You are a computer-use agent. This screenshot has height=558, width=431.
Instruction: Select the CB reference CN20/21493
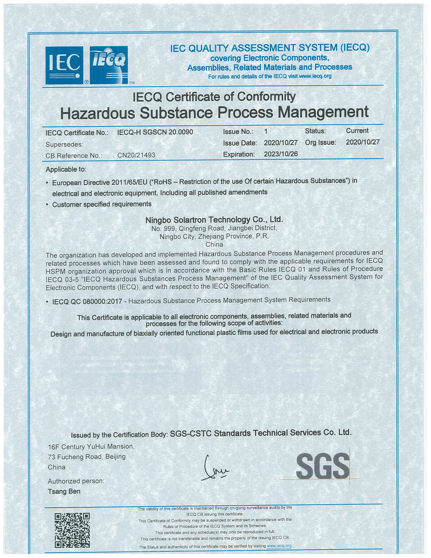point(136,155)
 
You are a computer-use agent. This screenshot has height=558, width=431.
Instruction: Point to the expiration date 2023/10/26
point(281,154)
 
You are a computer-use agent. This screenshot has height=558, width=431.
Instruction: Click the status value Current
point(357,131)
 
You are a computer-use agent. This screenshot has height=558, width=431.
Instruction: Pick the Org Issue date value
point(363,142)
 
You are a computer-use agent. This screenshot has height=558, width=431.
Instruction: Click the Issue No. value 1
point(266,132)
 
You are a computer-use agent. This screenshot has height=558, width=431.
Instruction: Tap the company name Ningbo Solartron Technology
point(214,219)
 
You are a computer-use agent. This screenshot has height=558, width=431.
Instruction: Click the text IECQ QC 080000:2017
point(87,302)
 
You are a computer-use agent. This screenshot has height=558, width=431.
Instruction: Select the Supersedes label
point(64,144)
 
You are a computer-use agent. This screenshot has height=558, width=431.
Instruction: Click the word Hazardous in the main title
point(98,113)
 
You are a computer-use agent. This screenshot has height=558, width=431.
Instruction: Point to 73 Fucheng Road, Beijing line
point(86,457)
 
